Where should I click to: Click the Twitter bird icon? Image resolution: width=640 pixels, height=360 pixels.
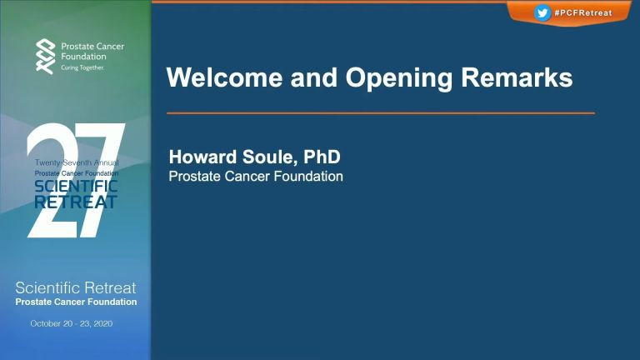click(x=542, y=13)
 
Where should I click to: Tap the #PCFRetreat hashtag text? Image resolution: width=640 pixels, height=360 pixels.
click(x=583, y=13)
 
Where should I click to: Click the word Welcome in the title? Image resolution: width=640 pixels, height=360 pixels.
click(x=224, y=77)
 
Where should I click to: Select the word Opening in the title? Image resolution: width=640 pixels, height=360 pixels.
click(x=399, y=78)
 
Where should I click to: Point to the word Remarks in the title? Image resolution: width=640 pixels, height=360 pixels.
click(x=517, y=77)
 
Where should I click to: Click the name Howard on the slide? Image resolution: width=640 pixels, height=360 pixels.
click(x=202, y=157)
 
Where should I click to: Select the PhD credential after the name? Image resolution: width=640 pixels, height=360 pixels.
click(x=322, y=157)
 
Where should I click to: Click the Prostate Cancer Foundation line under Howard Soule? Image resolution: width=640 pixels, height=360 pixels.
click(x=256, y=177)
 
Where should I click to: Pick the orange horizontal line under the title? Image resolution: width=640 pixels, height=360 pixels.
click(x=380, y=113)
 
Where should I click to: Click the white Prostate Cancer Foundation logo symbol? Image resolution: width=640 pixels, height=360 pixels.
click(x=45, y=57)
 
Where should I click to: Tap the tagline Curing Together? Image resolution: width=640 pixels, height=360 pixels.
click(x=82, y=67)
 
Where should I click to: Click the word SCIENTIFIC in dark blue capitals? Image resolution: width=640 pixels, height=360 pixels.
click(x=76, y=187)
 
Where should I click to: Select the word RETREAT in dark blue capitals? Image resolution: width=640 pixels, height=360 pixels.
click(x=76, y=202)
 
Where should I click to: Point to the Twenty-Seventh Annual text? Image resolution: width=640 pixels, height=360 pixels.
click(x=77, y=162)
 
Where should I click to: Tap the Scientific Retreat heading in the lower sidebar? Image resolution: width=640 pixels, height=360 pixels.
click(x=76, y=287)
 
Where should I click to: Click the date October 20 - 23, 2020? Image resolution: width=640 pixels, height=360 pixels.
click(x=72, y=323)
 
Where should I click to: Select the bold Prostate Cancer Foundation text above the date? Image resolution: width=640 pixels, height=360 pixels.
click(x=77, y=302)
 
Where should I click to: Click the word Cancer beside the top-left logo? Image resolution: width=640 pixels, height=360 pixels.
click(x=109, y=46)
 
